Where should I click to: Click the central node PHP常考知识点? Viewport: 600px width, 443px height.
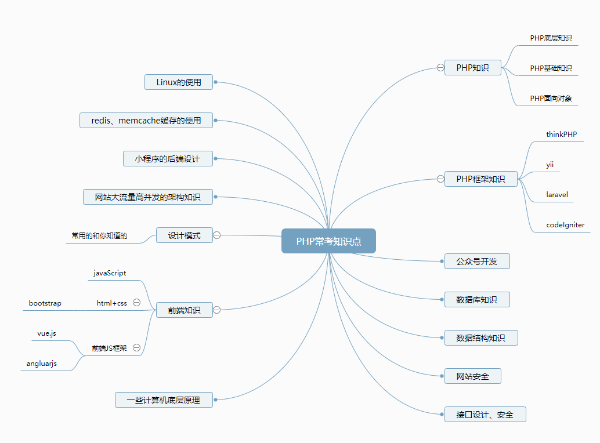click(328, 241)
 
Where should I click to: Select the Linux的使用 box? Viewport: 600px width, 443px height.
click(179, 82)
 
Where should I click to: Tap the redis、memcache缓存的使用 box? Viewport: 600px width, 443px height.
click(146, 121)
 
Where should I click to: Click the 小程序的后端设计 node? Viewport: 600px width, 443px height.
click(168, 159)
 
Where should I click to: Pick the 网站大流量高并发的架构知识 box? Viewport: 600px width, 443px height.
click(148, 197)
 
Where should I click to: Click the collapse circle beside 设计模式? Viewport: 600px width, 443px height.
click(217, 235)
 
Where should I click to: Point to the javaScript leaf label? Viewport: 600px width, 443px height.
click(110, 273)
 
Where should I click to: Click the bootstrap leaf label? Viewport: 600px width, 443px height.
click(45, 303)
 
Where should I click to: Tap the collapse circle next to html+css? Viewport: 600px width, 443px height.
click(137, 302)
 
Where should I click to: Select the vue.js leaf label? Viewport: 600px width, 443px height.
click(46, 333)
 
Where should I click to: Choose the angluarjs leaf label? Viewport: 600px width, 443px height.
click(42, 364)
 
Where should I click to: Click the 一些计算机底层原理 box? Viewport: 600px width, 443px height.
click(164, 400)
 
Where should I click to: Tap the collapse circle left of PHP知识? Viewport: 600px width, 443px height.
click(441, 68)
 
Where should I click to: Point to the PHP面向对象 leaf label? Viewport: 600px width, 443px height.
click(551, 98)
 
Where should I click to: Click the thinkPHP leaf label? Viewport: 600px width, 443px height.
click(561, 134)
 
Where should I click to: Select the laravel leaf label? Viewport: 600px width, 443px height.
click(557, 194)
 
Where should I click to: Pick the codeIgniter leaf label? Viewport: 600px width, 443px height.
click(565, 224)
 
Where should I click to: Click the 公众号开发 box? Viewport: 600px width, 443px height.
click(477, 262)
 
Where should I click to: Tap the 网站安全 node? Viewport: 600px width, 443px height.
click(472, 376)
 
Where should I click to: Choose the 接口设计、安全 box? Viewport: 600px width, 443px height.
click(485, 415)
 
